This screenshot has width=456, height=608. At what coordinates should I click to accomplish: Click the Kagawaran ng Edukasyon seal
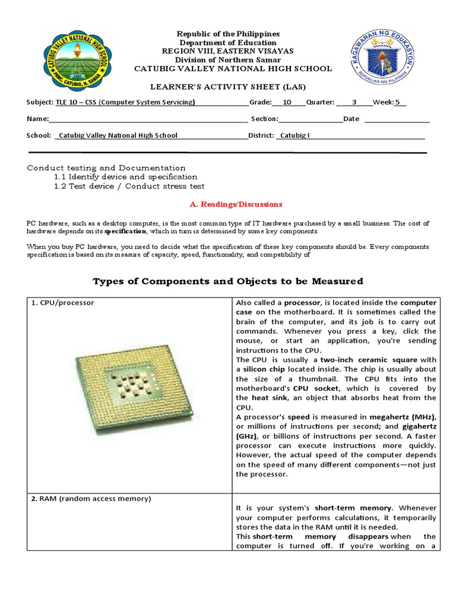coord(382,58)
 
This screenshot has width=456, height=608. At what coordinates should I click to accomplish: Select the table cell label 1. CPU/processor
coord(63,303)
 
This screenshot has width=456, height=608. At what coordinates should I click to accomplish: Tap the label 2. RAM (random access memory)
coord(91,499)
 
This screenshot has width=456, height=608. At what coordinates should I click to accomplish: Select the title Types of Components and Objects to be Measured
coord(227,281)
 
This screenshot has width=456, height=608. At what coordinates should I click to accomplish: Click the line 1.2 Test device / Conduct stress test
coord(129,186)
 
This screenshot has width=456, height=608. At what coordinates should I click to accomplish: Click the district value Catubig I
coord(294,135)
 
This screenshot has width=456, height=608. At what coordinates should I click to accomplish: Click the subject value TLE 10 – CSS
coord(125,102)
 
